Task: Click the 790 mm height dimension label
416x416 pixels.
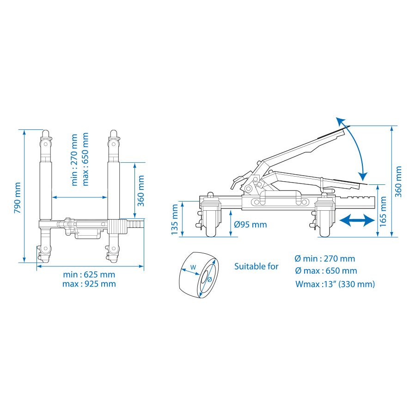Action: pyautogui.click(x=18, y=198)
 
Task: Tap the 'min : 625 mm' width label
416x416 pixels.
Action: pyautogui.click(x=89, y=275)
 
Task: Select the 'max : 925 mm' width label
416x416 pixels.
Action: pyautogui.click(x=89, y=284)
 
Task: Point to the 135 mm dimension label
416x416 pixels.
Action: pyautogui.click(x=174, y=220)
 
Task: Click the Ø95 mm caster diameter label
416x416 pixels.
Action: pyautogui.click(x=250, y=225)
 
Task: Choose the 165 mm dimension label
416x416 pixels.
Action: pyautogui.click(x=383, y=211)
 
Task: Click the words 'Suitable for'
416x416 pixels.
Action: pyautogui.click(x=256, y=266)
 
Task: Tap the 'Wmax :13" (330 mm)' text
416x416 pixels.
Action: pyautogui.click(x=335, y=284)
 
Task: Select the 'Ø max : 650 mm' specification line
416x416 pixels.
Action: pyautogui.click(x=326, y=271)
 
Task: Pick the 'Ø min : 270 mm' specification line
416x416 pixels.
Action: pyautogui.click(x=325, y=258)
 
